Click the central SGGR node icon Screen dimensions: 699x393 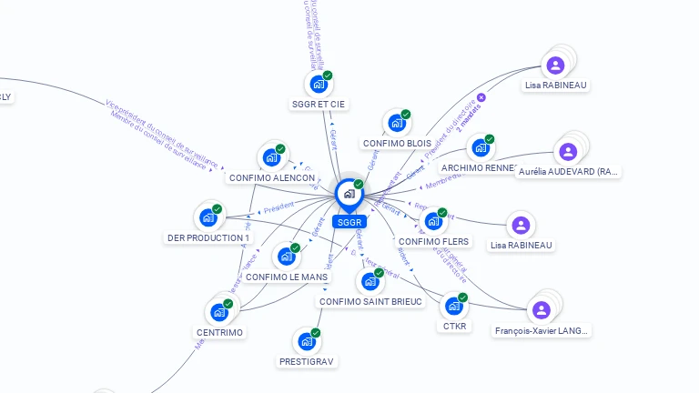click(349, 194)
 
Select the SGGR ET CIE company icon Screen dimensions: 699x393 click(318, 84)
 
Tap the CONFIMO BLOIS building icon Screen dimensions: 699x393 click(396, 123)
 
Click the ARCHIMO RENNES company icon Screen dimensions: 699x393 click(480, 147)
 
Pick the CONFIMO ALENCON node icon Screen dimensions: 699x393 click(270, 157)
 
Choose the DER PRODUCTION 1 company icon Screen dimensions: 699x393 click(208, 217)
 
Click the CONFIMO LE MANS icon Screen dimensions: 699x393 click(286, 256)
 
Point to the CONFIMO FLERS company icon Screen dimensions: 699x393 click(433, 221)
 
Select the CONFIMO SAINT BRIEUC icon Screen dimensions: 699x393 click(370, 281)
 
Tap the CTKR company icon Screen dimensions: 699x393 click(453, 306)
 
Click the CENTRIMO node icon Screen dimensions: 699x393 click(218, 312)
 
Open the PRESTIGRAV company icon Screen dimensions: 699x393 click(306, 342)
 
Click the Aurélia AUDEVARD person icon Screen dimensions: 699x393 click(568, 151)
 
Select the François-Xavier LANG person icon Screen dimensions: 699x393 click(542, 310)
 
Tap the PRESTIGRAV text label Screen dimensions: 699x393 click(307, 362)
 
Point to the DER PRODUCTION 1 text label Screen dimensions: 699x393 click(208, 237)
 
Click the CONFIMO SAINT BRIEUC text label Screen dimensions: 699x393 click(370, 301)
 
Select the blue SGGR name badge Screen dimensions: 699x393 click(349, 222)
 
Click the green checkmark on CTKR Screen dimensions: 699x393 click(462, 297)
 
